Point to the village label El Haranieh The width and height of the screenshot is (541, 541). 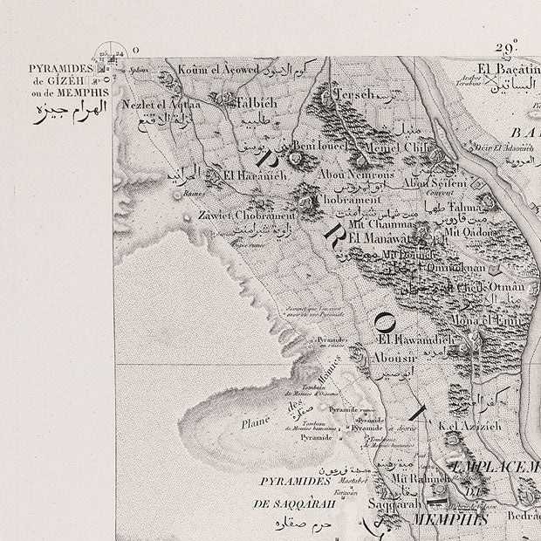point(250,174)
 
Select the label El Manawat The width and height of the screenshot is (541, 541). point(379,236)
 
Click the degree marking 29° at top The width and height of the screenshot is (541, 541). point(508,47)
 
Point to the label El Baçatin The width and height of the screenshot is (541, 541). point(506,69)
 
